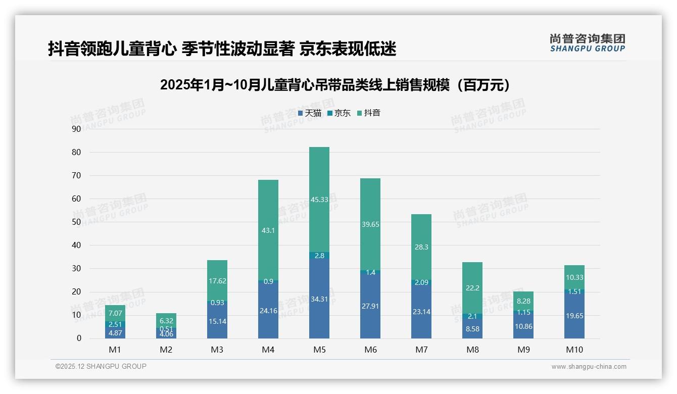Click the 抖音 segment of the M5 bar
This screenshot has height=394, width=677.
[x=319, y=199]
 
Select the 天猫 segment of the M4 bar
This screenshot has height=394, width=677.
[x=268, y=310]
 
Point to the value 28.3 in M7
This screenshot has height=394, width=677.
[x=421, y=247]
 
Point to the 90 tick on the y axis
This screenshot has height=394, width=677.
[x=76, y=129]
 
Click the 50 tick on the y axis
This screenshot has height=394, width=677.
[x=76, y=222]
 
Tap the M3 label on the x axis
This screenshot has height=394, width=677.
[x=217, y=350]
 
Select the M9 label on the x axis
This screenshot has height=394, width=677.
[x=523, y=350]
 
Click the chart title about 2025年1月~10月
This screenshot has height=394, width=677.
[x=334, y=85]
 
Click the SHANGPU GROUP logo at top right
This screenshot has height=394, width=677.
[x=587, y=42]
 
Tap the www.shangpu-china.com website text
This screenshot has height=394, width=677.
[x=589, y=367]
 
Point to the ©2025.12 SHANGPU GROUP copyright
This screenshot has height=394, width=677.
[x=101, y=366]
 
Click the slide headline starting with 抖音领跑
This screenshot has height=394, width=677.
[x=222, y=48]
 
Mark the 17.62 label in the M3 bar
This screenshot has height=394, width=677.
[x=217, y=281]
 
